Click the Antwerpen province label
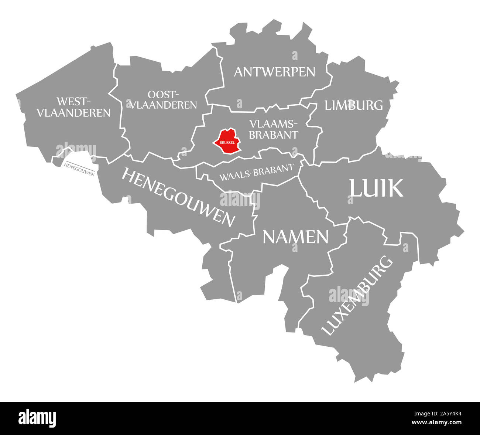(274, 72)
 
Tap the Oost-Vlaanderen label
(163, 100)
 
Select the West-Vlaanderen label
(73, 107)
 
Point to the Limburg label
(353, 105)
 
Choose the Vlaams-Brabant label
(273, 129)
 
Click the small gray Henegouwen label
(79, 169)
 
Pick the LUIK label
(376, 188)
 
